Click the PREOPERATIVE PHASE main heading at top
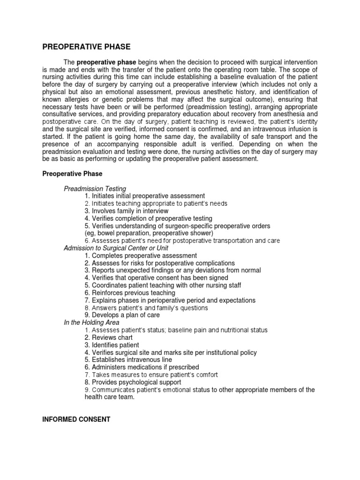87,47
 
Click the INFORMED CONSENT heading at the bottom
76,420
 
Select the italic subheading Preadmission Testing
95,188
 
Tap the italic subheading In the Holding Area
91,322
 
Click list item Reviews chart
109,337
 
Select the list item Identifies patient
112,345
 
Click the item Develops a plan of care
122,315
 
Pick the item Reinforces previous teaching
130,292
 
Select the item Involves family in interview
127,211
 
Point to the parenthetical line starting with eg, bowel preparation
149,233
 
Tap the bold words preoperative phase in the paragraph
105,62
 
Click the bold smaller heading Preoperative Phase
73,173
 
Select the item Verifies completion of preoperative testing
149,218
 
